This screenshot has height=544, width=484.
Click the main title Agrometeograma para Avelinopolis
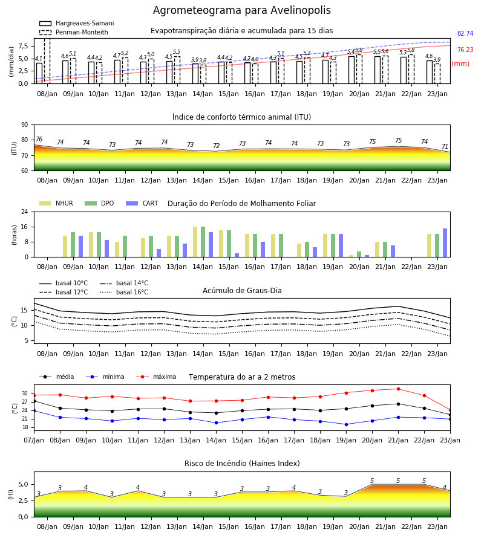click(x=241, y=10)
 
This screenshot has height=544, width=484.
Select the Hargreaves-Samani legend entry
click(x=77, y=23)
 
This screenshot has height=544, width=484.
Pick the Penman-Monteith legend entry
click(x=74, y=32)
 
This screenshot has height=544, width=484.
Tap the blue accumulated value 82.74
click(x=465, y=33)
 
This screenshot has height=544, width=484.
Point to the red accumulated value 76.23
click(x=465, y=50)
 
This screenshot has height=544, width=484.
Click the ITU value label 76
click(x=39, y=139)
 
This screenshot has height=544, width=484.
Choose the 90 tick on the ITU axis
click(x=25, y=125)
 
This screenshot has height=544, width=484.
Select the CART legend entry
click(x=142, y=203)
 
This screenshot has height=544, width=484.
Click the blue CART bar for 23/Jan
click(x=445, y=243)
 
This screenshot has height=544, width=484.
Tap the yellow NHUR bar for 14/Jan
click(x=195, y=242)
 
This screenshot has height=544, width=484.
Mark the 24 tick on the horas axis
click(x=25, y=212)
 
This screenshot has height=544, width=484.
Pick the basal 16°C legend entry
click(x=124, y=292)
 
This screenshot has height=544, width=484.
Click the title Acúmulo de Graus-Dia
click(x=242, y=290)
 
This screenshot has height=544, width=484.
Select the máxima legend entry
click(x=156, y=377)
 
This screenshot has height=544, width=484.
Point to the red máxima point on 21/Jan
click(x=398, y=389)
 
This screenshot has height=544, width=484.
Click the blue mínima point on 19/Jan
click(x=346, y=424)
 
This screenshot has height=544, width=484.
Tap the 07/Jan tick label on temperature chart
click(x=34, y=440)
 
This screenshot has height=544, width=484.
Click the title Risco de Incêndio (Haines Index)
click(x=242, y=463)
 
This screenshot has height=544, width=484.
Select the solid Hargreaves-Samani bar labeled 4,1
click(x=39, y=73)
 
